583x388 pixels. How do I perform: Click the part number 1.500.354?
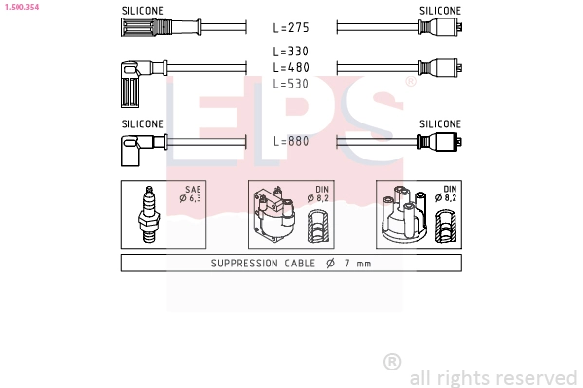point(21,7)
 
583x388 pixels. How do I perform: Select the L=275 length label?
point(291,27)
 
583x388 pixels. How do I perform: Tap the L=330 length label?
point(291,51)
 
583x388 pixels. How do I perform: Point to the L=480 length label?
point(291,67)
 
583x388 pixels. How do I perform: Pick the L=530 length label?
point(291,84)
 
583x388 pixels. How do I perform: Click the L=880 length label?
point(291,141)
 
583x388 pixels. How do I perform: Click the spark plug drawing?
point(149,215)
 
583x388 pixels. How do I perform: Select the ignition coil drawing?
point(273,215)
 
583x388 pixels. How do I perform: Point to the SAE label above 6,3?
point(194,190)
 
